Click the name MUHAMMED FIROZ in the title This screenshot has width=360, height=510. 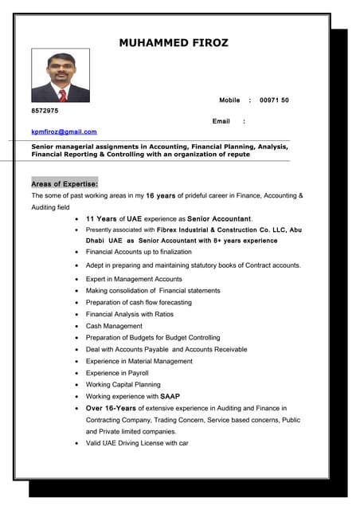174,43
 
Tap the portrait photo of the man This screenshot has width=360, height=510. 60,76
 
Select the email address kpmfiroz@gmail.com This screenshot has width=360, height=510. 64,131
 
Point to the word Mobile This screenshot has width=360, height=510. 229,100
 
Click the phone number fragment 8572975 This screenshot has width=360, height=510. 45,111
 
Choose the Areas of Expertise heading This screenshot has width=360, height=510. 65,183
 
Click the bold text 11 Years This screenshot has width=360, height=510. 101,218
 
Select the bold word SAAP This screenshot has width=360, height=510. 170,396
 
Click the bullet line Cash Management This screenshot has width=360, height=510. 114,326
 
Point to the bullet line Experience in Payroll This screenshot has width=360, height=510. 117,373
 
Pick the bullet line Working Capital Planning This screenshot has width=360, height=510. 123,384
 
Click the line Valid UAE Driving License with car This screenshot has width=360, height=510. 137,443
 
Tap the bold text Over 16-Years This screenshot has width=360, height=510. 111,408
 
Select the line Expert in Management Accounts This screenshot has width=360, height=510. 134,280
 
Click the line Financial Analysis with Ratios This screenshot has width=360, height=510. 129,314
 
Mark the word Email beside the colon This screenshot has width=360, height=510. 221,121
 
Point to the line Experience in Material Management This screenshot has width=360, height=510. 139,361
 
